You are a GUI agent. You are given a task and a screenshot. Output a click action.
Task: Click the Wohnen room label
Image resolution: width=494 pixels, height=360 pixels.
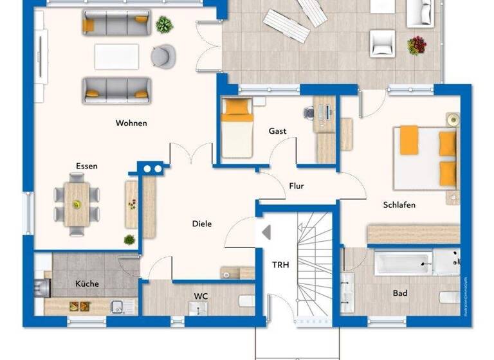pyautogui.click(x=131, y=123)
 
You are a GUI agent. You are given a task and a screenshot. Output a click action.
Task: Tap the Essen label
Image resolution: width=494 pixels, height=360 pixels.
pyautogui.click(x=87, y=166)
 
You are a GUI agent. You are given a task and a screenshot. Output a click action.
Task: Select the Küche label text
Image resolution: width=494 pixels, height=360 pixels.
pyautogui.click(x=87, y=283)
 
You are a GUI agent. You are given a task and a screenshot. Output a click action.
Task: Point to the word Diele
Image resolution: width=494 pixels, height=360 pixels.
pyautogui.click(x=201, y=224)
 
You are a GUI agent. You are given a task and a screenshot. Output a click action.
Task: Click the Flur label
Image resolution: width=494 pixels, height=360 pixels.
pyautogui.click(x=297, y=186)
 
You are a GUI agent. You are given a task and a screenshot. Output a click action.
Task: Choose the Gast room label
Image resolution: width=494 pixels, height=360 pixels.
pyautogui.click(x=277, y=131)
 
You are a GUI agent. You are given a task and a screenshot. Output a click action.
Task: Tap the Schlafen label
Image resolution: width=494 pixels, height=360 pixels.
pyautogui.click(x=399, y=205)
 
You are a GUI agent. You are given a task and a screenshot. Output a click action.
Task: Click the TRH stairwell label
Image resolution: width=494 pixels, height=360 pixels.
pyautogui.click(x=280, y=264)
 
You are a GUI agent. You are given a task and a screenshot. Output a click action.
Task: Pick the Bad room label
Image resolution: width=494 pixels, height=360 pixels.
pyautogui.click(x=400, y=293)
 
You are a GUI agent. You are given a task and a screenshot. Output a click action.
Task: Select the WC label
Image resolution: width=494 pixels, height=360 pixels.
pyautogui.click(x=201, y=296)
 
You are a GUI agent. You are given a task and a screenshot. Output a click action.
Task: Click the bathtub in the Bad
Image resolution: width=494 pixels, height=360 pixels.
pyautogui.click(x=402, y=262)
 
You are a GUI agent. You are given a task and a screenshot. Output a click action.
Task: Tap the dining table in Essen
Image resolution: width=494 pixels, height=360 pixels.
pyautogui.click(x=77, y=204)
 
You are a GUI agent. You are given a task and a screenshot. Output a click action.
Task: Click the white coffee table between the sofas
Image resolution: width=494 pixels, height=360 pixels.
pyautogui.click(x=116, y=57)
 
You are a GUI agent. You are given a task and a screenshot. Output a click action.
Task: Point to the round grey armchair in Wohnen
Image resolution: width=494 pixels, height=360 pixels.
pyautogui.click(x=163, y=57)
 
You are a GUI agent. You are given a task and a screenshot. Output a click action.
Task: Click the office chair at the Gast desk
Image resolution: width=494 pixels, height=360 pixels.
pyautogui.click(x=309, y=113)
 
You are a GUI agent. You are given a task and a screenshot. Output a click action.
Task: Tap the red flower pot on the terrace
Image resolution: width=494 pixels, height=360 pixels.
pyautogui.click(x=417, y=45)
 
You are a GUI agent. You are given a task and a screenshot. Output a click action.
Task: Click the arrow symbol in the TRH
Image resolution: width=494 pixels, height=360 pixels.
pyautogui.click(x=266, y=232)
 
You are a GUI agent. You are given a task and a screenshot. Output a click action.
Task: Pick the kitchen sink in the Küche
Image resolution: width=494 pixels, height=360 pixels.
pyautogui.click(x=117, y=307)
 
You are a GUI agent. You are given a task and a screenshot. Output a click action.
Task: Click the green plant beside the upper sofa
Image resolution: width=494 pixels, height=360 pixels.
pyautogui.click(x=165, y=25)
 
